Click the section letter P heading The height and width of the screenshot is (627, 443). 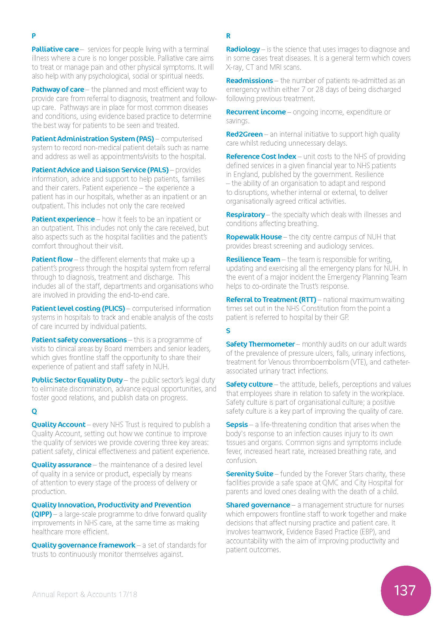pos(33,36)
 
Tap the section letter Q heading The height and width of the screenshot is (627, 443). pos(34,411)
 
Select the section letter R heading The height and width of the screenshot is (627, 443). pos(228,36)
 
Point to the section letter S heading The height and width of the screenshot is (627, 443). pos(228,331)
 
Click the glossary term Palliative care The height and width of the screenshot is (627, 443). pos(55,49)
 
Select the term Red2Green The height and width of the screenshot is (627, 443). pos(244,134)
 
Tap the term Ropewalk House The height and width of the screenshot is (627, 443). pos(254,237)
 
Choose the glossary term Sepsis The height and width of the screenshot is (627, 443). pos(237,425)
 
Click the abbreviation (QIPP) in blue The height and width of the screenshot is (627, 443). pos(42,514)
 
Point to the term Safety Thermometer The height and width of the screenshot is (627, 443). pos(260,344)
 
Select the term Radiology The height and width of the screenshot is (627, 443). pos(243,49)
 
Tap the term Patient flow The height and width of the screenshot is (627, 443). pos(52,259)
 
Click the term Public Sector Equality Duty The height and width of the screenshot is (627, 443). pos(77,380)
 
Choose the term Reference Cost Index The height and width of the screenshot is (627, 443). pos(261,157)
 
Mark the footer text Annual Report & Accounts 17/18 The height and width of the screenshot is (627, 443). pos(85,594)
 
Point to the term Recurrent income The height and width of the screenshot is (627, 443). pos(256,112)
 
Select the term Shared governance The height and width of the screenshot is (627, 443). pos(258,505)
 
